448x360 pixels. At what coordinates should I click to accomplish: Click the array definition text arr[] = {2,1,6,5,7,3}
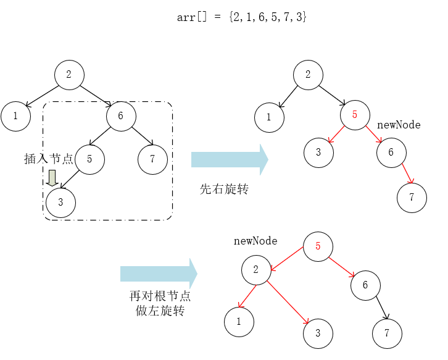click(242, 17)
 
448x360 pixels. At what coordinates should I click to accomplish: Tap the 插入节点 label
click(49, 159)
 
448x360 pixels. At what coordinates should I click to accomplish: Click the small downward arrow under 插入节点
click(53, 178)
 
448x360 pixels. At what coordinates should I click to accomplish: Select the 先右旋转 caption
click(224, 189)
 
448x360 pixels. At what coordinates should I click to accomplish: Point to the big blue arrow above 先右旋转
click(229, 159)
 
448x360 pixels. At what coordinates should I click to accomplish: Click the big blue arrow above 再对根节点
click(158, 273)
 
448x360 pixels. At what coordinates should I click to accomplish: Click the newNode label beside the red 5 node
click(399, 125)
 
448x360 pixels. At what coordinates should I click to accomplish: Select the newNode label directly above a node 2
click(255, 241)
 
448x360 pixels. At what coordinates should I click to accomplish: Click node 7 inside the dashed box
click(152, 159)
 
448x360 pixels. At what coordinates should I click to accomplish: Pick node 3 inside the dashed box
click(60, 203)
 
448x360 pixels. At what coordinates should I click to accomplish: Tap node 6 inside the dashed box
click(121, 115)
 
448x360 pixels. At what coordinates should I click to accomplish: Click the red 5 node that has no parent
click(318, 246)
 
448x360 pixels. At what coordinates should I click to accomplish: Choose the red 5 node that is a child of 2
click(354, 115)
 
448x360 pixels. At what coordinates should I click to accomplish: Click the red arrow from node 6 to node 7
click(408, 174)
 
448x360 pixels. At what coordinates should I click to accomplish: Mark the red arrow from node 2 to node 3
click(289, 302)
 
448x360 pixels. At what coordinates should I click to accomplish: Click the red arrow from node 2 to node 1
click(247, 296)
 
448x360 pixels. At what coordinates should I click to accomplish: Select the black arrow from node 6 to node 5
click(101, 136)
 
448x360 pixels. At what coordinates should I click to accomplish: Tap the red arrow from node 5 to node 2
click(287, 259)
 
